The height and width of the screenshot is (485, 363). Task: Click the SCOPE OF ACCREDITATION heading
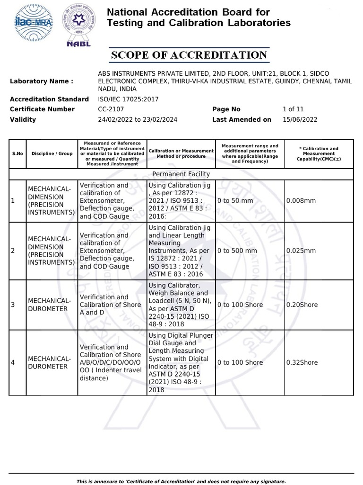point(189,55)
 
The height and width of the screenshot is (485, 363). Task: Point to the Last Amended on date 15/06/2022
point(300,120)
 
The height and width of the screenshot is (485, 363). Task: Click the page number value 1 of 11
point(294,109)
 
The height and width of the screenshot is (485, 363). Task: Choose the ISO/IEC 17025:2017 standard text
point(128,99)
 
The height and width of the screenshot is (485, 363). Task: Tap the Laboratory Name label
point(42,81)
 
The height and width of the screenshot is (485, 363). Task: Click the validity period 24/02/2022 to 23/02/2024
point(137,120)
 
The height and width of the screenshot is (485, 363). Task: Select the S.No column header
point(17,153)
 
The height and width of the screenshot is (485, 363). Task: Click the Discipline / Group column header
point(52,153)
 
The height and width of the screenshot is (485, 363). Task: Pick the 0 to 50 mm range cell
point(235,201)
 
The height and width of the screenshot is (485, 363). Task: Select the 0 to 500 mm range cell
point(237,251)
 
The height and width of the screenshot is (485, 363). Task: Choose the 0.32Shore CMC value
point(302,363)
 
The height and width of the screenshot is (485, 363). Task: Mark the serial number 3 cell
point(13,305)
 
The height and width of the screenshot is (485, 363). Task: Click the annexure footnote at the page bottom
point(181,481)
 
